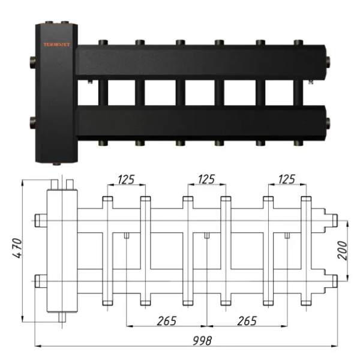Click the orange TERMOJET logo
[57, 44]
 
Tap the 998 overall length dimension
[202, 340]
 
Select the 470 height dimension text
[17, 248]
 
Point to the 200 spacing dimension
[342, 250]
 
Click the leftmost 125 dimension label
[126, 179]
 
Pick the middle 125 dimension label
[206, 179]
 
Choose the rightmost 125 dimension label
[287, 179]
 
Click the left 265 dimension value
[167, 321]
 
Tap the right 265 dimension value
[247, 321]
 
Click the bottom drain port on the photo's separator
[57, 164]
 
